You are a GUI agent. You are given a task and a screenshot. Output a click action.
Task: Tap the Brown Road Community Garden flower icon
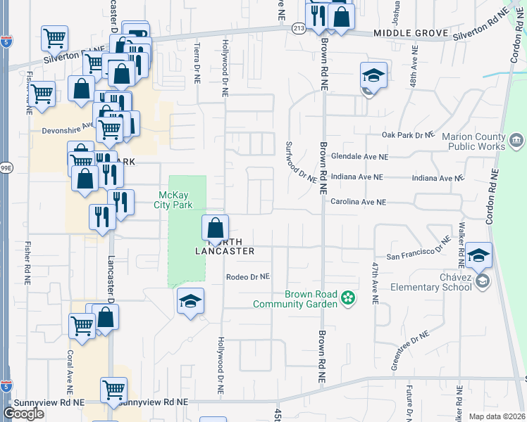347,299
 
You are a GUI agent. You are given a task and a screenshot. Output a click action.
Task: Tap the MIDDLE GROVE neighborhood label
411,33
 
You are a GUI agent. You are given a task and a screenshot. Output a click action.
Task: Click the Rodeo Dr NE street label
248,277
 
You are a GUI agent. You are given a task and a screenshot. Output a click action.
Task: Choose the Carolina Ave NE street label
359,202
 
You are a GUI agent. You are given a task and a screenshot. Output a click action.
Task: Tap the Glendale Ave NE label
359,157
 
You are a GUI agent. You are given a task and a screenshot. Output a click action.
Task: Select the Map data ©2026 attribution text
496,416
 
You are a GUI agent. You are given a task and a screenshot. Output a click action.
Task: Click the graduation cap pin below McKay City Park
190,302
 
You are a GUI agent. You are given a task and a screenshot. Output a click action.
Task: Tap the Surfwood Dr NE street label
301,162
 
